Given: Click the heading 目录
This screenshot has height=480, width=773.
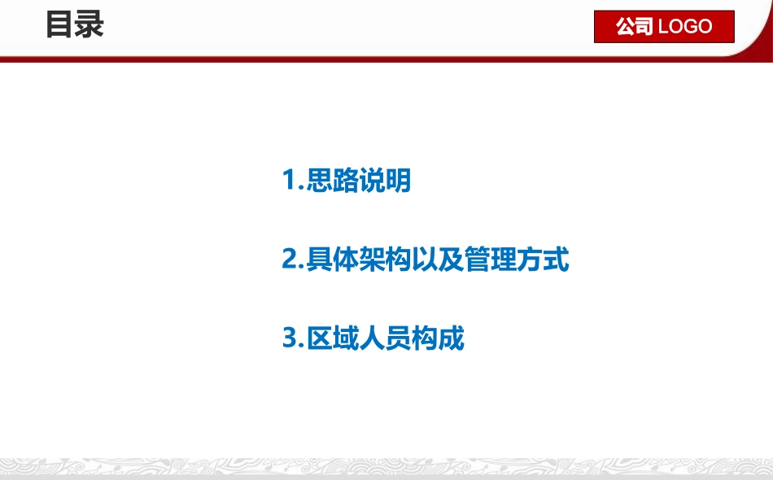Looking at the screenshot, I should click(x=75, y=24).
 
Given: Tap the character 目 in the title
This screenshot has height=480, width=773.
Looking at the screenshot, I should click(x=59, y=24).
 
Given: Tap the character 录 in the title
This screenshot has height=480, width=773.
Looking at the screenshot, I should click(x=90, y=24).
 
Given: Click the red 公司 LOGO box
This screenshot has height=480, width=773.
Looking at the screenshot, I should click(x=664, y=27).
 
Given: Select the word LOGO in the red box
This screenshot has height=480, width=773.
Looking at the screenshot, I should click(x=685, y=27).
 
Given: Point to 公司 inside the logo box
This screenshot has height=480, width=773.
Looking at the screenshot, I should click(x=635, y=27).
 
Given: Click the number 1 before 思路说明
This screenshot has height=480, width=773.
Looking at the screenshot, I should click(x=290, y=181).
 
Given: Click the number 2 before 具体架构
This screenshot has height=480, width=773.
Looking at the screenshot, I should click(x=290, y=260).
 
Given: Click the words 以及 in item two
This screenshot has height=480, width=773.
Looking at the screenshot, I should click(x=438, y=260).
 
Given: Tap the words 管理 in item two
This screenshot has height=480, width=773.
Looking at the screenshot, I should click(x=490, y=260).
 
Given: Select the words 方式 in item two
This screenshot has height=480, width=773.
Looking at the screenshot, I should click(x=543, y=260).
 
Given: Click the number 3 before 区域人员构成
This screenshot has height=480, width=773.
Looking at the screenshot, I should click(x=290, y=338).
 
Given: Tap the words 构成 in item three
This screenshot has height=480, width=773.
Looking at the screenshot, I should click(x=438, y=338).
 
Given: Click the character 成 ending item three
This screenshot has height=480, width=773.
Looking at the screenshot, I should click(x=451, y=338).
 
